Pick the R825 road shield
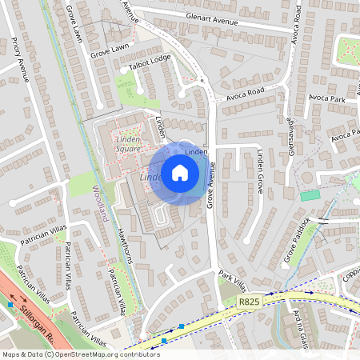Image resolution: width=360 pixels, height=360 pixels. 248,302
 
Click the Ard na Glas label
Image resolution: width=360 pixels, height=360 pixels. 302,326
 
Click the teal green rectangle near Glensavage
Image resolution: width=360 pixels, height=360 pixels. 308,195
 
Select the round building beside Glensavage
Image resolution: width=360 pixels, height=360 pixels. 309,178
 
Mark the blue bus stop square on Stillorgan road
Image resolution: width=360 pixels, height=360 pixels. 10,305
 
